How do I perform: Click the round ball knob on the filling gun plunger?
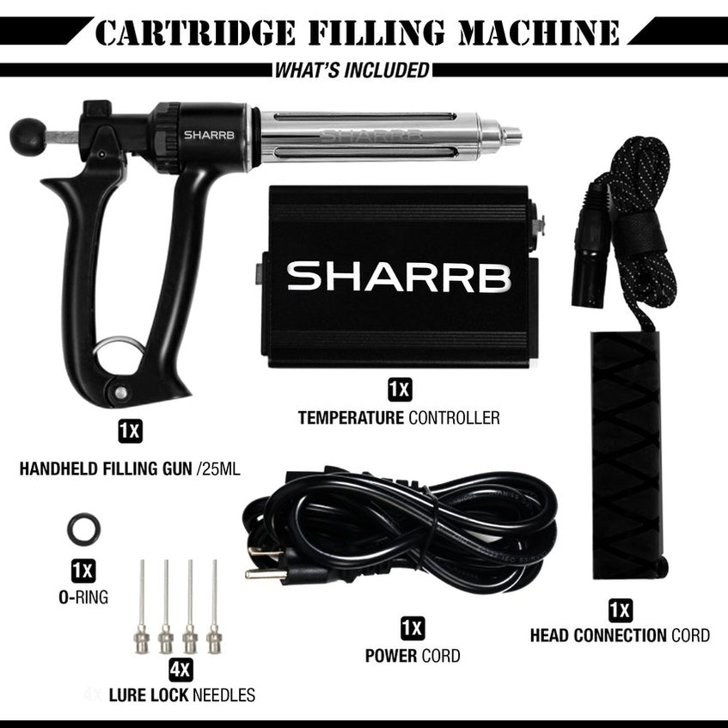28,136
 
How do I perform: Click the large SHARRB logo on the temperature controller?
399,277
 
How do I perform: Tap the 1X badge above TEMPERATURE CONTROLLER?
399,390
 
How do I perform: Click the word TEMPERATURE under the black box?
351,419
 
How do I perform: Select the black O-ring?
83,529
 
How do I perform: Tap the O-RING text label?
83,596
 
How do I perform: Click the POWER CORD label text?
412,656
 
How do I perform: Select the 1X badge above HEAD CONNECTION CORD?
620,610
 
